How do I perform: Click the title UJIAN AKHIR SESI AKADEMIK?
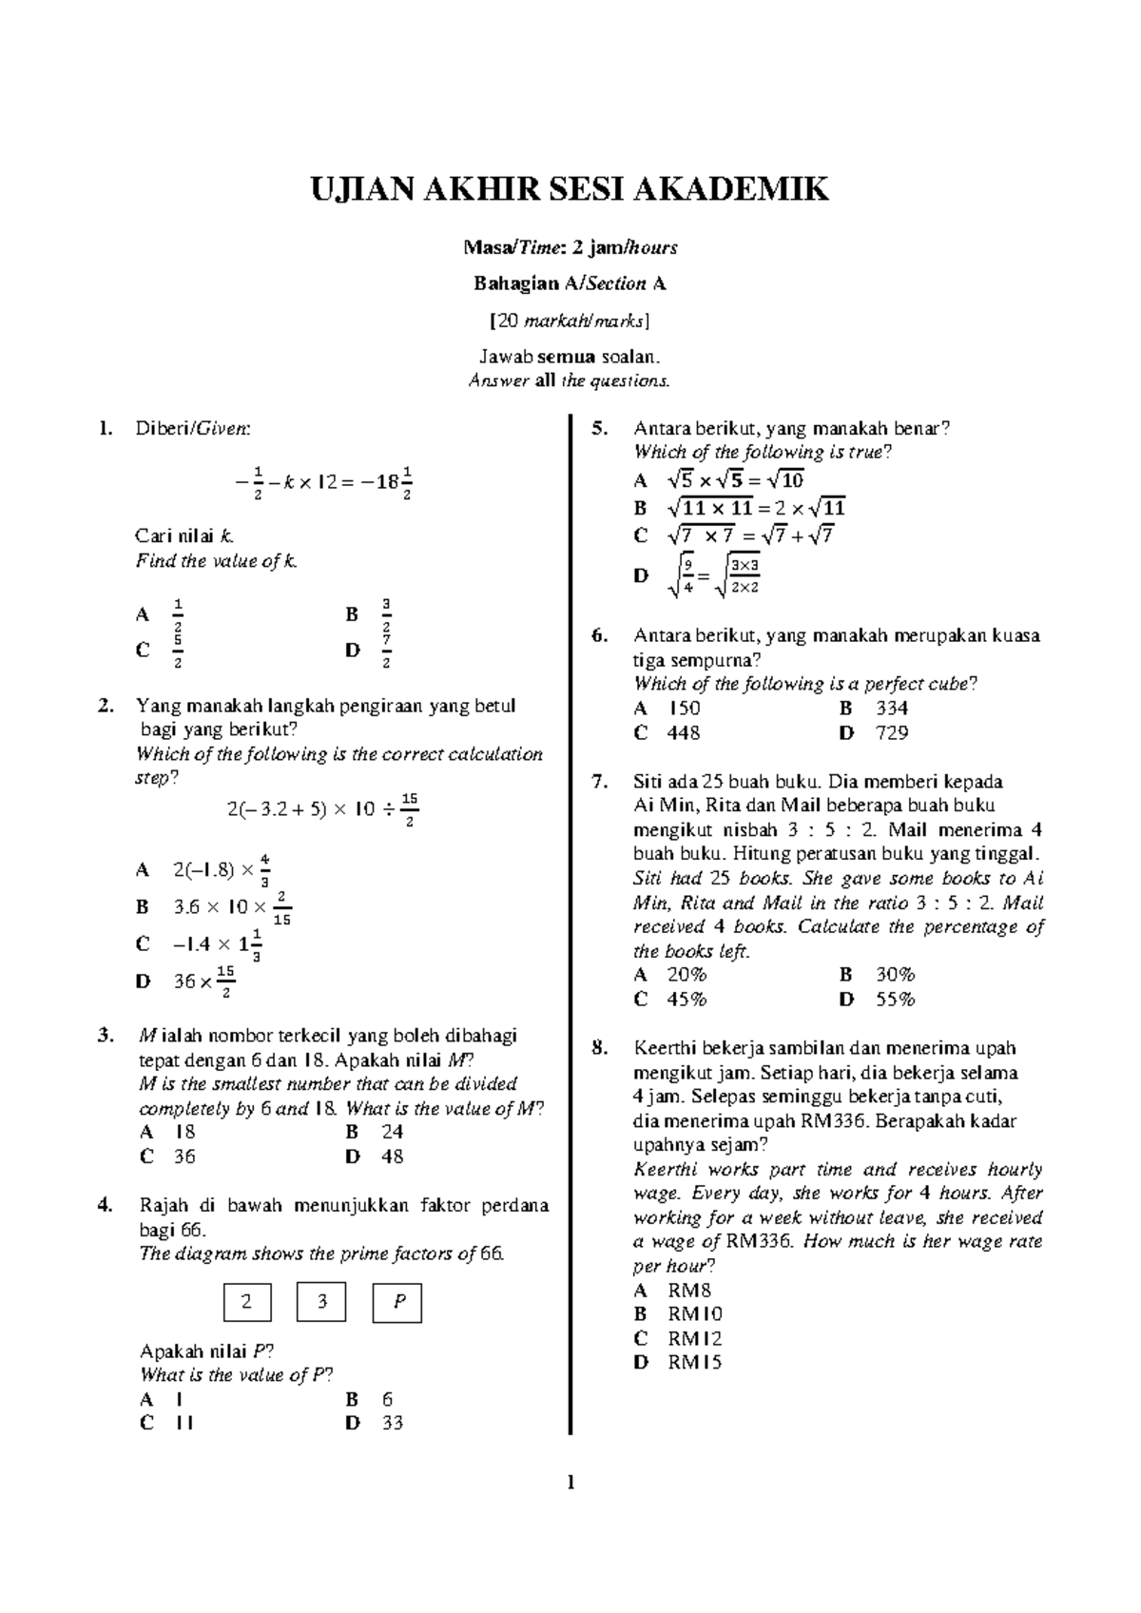[570, 189]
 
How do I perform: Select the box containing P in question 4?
[396, 1302]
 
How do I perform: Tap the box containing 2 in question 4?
[247, 1302]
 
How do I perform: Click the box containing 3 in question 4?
[321, 1302]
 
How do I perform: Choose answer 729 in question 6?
[892, 732]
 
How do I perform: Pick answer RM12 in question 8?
[694, 1338]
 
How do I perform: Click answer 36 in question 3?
[184, 1156]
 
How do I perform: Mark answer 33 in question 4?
[393, 1423]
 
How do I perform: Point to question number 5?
[599, 428]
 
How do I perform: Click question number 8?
[599, 1048]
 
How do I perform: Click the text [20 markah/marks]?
[570, 321]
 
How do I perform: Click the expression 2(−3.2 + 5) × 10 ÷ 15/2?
[323, 809]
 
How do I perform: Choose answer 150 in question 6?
[685, 709]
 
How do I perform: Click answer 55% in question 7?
[894, 999]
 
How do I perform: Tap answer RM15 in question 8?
[694, 1362]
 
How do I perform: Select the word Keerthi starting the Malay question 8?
[664, 1048]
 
